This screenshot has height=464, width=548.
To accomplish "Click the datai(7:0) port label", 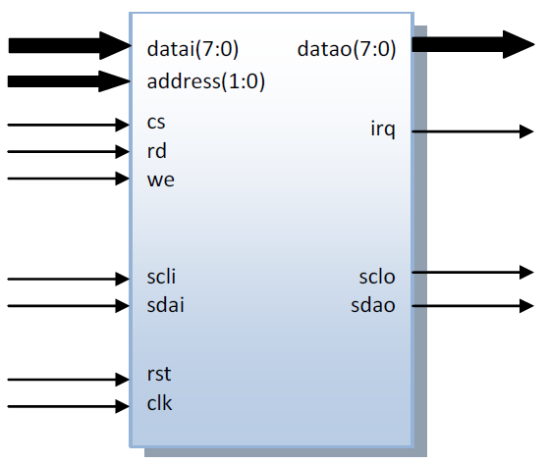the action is point(192,49).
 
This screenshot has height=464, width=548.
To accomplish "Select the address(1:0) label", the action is point(206,81).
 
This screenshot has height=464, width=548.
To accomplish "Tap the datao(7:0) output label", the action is point(347,49).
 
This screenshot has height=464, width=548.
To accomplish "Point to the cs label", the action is point(156,123).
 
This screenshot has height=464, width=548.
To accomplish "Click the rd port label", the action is point(156,151).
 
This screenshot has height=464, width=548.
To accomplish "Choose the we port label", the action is point(161,180).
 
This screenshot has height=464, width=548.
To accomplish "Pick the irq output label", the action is point(383,129).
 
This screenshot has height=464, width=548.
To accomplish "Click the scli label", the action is point(161,277).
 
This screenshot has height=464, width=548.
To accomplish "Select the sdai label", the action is point(165,305).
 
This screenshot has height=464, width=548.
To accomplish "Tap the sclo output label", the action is point(377,277).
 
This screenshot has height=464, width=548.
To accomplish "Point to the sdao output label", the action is point(373,305).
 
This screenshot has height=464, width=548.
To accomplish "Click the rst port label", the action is point(159,374).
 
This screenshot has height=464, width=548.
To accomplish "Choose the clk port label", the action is point(159,403).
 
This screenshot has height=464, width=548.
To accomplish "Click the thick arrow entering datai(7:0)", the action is point(70,46).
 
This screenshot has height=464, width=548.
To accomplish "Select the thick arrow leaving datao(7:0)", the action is point(473,45).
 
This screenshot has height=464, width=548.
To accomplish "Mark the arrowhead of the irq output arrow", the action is point(526,131).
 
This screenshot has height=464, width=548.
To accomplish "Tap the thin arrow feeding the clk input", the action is point(69,407).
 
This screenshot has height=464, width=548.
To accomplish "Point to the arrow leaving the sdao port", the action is point(472,306).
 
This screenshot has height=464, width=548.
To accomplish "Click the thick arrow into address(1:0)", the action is point(69,81).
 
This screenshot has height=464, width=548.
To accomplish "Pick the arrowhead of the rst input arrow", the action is point(123,380).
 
